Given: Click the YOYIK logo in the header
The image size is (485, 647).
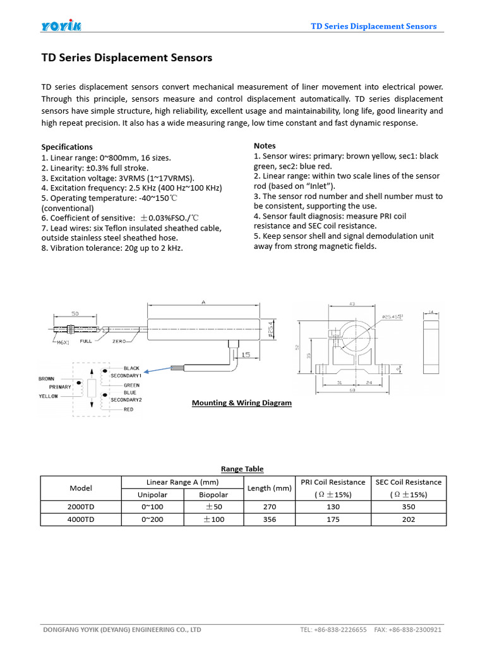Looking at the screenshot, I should click(61, 26).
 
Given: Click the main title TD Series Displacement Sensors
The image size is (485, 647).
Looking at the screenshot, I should click(126, 58).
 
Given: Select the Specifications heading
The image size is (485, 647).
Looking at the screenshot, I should click(67, 147).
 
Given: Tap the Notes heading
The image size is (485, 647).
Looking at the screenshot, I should click(265, 145).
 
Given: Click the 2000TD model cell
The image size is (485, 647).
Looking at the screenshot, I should click(80, 507).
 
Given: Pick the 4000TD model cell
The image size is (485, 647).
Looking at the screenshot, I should click(80, 519).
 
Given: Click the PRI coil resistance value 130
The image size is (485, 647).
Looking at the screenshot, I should click(333, 507).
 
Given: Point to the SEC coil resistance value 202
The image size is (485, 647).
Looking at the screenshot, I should click(408, 519).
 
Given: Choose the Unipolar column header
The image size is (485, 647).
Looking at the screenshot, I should click(152, 494).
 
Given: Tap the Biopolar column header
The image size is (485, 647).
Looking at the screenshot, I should click(213, 494).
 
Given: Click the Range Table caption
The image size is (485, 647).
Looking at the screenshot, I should click(242, 469).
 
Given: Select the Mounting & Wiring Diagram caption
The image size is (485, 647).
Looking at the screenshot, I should click(241, 402).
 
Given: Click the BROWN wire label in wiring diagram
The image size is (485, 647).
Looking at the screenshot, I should click(47, 378).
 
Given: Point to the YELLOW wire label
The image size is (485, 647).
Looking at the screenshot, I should click(48, 396).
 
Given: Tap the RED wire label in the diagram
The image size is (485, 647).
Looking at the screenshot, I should click(129, 409).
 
